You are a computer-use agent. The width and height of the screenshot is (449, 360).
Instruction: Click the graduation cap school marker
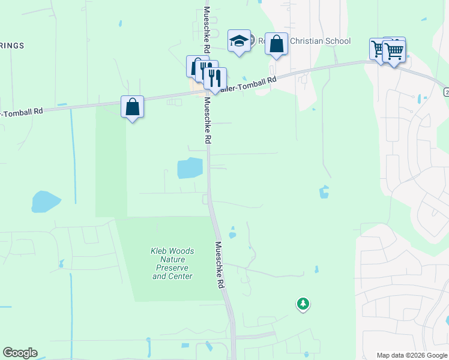pos(239,41)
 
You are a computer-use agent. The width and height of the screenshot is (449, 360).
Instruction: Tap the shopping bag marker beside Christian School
pos(276,44)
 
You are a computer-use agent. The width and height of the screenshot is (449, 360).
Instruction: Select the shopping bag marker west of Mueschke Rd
pos(133,107)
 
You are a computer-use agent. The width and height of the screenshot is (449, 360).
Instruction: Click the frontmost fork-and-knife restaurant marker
pos(214,79)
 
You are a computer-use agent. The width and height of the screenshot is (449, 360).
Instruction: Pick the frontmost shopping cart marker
pos(394,52)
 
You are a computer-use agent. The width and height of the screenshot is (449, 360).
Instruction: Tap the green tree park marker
pos(303,304)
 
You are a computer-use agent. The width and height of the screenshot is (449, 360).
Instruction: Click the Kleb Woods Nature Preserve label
pos(172,264)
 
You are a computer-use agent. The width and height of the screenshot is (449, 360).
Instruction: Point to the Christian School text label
pos(320,41)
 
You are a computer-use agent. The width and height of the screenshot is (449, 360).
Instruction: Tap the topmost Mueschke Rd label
pos(206,30)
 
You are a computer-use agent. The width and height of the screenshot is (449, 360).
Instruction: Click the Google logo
pos(20,353)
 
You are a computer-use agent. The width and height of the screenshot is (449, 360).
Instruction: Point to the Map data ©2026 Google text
pos(412,355)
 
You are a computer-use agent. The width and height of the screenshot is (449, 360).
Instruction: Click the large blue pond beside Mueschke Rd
pos(190,168)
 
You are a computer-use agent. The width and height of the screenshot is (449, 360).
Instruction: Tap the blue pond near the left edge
pos(46,202)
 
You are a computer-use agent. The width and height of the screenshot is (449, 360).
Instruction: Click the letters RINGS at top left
pos(12,46)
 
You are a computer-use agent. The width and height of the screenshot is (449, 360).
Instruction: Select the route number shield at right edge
pos(446,92)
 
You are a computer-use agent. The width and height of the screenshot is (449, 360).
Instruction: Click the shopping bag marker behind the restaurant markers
pos(194,66)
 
